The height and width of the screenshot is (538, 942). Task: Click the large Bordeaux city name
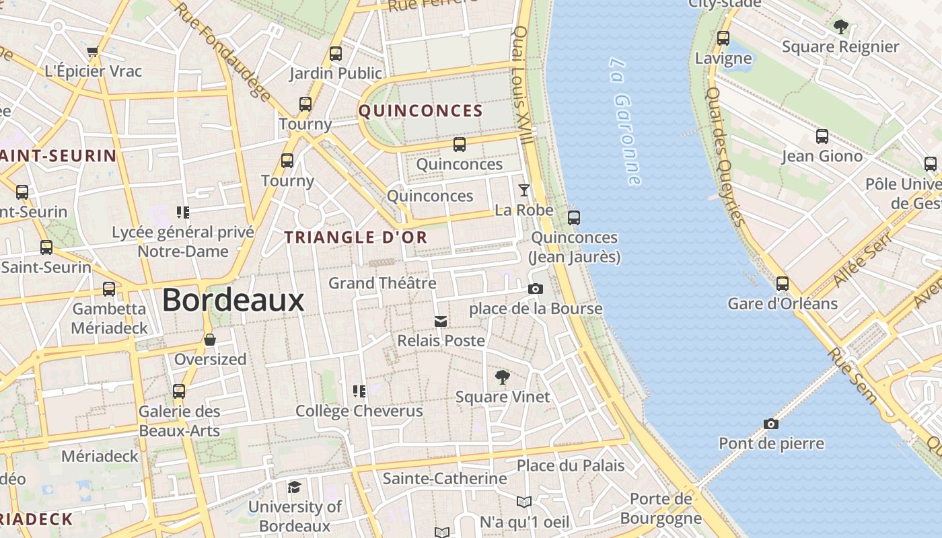[233, 300]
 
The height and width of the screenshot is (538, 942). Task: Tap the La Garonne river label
[625, 121]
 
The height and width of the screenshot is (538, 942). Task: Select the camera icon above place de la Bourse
[536, 289]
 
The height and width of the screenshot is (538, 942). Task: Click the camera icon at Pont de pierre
[771, 424]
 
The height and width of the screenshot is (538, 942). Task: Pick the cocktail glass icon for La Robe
[524, 190]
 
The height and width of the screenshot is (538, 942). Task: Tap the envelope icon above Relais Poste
[441, 321]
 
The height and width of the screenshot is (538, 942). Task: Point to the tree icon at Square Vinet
[502, 377]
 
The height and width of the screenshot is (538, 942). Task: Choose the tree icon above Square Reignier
[840, 27]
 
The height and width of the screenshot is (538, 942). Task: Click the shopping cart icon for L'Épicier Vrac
[93, 52]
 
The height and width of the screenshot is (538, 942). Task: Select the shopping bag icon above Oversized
[210, 340]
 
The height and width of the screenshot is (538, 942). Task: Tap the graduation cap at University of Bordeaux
[294, 487]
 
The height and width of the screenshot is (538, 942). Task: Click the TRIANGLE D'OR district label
[356, 237]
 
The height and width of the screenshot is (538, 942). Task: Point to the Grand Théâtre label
[382, 283]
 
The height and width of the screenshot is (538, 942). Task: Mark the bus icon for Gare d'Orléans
[782, 284]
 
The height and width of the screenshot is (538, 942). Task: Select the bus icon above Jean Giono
[822, 137]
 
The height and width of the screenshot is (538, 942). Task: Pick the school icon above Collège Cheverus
[359, 391]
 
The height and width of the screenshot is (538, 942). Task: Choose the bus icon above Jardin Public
[335, 54]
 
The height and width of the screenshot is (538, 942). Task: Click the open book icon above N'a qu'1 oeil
[524, 502]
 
